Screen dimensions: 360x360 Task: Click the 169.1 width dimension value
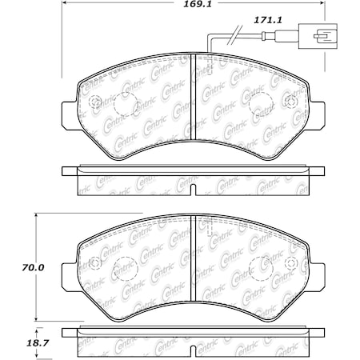(192, 11)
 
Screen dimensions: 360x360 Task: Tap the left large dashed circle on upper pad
(125, 104)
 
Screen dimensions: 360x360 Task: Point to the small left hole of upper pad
(94, 102)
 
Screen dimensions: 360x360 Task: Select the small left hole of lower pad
(94, 263)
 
